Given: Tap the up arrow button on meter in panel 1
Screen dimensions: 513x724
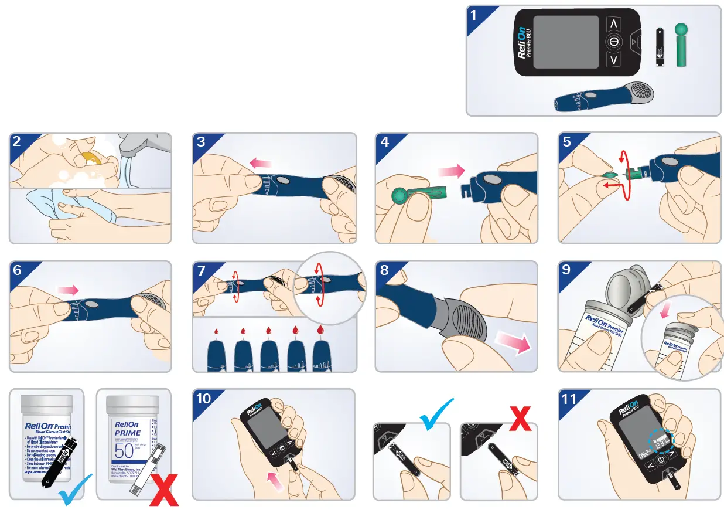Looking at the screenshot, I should point(613,24).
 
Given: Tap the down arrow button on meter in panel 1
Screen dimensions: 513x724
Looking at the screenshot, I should point(613,60).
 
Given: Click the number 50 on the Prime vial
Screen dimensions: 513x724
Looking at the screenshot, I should point(124,451).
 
